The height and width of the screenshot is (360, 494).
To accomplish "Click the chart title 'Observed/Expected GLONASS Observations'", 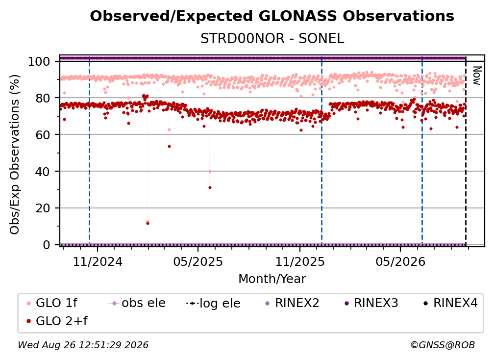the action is pos(272,16).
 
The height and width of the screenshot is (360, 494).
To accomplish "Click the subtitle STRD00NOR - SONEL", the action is pos(272,39).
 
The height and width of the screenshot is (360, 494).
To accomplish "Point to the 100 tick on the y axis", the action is pos(39,61).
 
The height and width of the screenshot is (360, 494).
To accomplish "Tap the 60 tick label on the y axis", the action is pos(43,135).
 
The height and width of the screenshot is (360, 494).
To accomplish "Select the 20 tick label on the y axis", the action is pos(43,208).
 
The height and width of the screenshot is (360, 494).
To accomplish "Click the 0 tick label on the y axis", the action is pos(46,245).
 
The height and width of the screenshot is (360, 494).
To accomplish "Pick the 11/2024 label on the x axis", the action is pos(98,261).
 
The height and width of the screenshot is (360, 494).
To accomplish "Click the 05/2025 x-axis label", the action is pos(198,261).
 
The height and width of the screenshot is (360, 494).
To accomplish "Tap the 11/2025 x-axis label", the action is pos(300,261).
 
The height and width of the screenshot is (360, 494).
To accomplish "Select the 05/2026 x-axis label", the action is pos(400,261).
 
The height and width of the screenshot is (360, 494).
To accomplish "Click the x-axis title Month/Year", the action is pos(272,279).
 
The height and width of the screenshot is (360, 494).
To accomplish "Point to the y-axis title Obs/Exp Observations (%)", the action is pos(15,154).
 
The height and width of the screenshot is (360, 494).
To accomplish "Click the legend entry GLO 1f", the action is pos(52,303).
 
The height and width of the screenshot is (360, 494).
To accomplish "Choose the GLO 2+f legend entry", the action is pos(57,321).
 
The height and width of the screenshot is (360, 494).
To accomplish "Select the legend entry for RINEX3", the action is pos(371,303).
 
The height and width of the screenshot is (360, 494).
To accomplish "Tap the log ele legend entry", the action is pos(213,303).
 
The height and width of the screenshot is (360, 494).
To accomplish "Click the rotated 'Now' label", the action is pos(477,76).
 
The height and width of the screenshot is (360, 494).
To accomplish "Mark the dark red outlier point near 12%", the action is pos(148,224).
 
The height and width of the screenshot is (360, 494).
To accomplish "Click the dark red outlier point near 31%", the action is pos(210,188).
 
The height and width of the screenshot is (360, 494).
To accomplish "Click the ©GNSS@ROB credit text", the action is pos(443,345).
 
